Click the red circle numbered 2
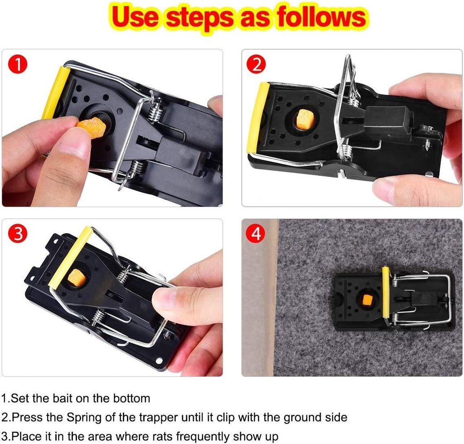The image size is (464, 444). pos(256,65)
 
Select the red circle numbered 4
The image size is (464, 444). pos(256,234)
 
